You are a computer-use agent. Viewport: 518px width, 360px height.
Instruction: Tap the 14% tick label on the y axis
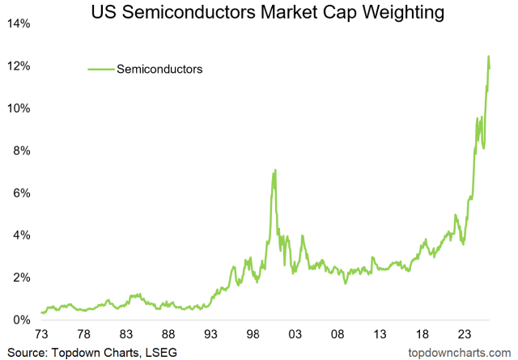point(19,24)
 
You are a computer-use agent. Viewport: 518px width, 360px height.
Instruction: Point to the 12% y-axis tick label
point(19,66)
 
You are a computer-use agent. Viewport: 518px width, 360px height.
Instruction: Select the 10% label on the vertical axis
point(19,108)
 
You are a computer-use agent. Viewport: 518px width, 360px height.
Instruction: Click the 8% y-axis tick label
point(22,151)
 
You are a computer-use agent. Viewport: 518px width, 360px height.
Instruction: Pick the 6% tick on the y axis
point(22,193)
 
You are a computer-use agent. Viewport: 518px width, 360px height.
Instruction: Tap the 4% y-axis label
point(22,235)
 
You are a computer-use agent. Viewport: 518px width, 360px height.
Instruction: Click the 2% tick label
point(22,278)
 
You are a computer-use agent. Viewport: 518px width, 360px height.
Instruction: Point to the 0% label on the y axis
point(22,320)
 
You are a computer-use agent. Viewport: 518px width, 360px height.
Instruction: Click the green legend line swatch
point(100,70)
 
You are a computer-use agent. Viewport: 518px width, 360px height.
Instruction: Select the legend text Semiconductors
point(159,70)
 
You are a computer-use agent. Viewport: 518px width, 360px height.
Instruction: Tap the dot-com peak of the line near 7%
point(275,170)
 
